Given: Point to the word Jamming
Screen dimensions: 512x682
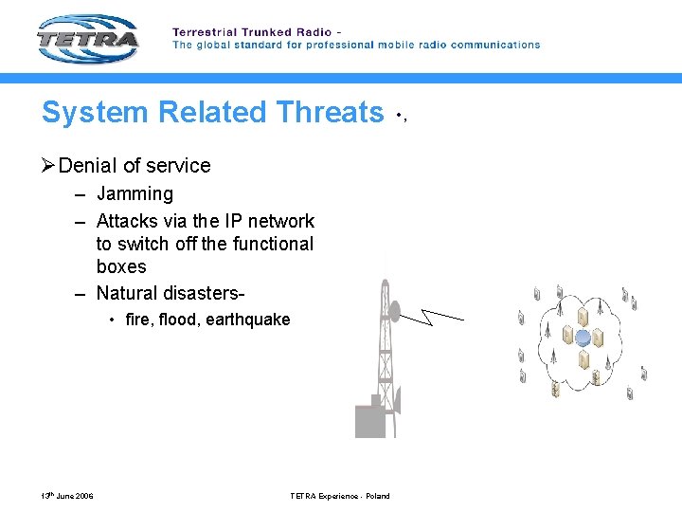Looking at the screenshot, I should pyautogui.click(x=135, y=194).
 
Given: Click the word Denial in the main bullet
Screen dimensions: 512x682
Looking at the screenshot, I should pyautogui.click(x=86, y=166).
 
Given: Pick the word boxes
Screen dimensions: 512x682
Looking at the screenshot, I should pyautogui.click(x=121, y=267).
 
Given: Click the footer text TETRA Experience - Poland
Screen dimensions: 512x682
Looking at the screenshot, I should pyautogui.click(x=339, y=496).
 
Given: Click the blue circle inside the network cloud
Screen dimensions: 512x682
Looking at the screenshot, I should pyautogui.click(x=583, y=338).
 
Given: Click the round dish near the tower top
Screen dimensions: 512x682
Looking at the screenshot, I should pyautogui.click(x=394, y=309).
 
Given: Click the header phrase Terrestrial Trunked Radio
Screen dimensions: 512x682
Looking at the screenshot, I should pyautogui.click(x=251, y=32).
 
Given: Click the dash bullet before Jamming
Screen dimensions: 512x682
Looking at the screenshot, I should pyautogui.click(x=81, y=194).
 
